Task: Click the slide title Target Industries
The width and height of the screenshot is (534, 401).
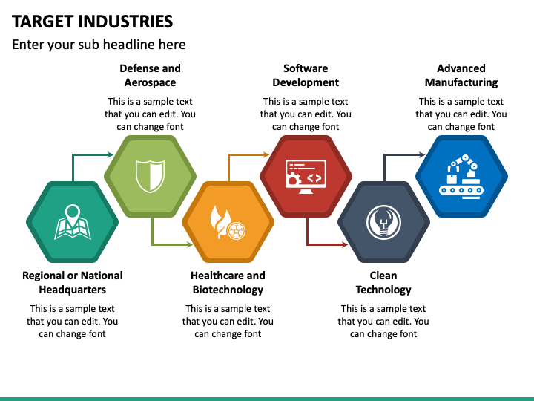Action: pos(93,21)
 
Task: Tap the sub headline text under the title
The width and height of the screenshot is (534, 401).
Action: pos(99,45)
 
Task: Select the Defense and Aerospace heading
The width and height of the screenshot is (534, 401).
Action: pos(150,75)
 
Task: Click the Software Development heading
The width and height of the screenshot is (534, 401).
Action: pos(306,75)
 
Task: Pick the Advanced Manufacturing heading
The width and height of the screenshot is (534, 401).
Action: pos(461,75)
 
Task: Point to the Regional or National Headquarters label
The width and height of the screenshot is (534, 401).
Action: pos(73,282)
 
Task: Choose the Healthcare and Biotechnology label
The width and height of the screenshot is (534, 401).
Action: pos(228,282)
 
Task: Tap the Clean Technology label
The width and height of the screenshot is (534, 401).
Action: pos(383,282)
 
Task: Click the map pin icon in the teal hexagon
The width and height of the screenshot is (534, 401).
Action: pos(72,221)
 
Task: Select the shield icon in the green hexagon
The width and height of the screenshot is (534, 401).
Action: pos(150,176)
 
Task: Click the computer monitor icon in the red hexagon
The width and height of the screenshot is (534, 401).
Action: pos(306,176)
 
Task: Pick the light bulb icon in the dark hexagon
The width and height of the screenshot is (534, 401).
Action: pos(383,221)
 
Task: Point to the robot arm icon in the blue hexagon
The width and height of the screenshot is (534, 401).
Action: pos(461,176)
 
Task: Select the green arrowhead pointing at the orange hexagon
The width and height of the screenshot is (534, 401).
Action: pos(188,244)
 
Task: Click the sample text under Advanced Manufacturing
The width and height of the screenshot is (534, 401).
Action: pos(461,114)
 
